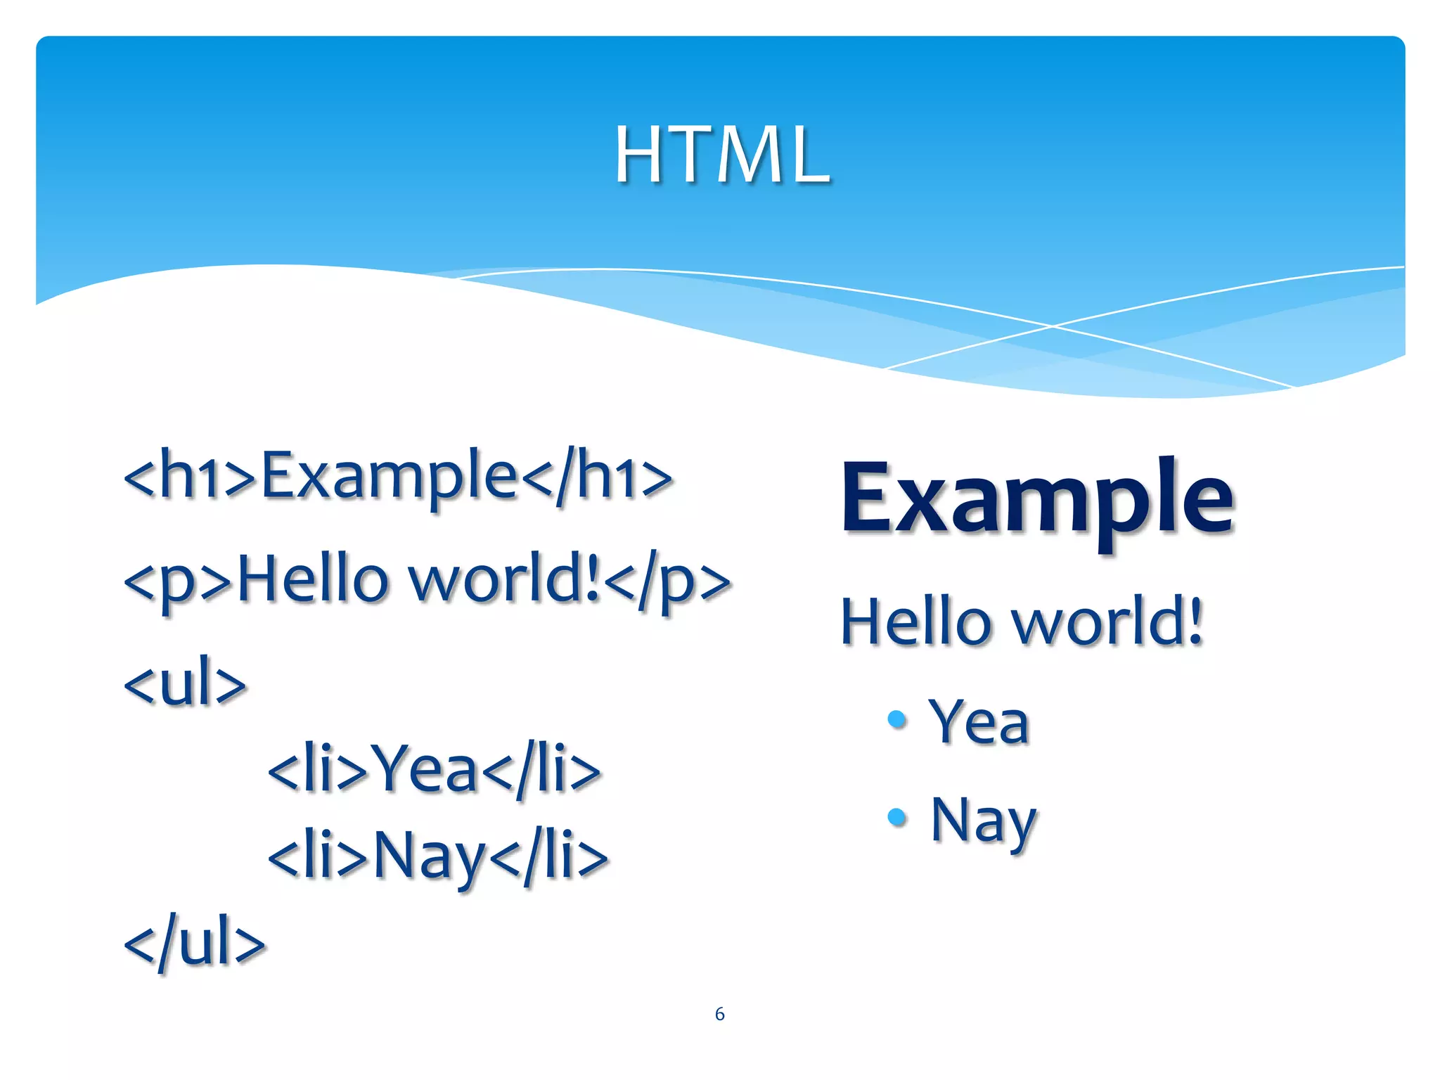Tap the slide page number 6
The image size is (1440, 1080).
pyautogui.click(x=719, y=1013)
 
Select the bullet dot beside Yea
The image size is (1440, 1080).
pyautogui.click(x=896, y=719)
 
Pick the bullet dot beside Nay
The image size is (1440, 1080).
pyautogui.click(x=896, y=816)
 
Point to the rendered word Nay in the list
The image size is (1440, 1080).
pyautogui.click(x=983, y=821)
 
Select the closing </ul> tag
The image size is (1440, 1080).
pyautogui.click(x=195, y=942)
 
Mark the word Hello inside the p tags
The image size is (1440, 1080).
pyautogui.click(x=314, y=580)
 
